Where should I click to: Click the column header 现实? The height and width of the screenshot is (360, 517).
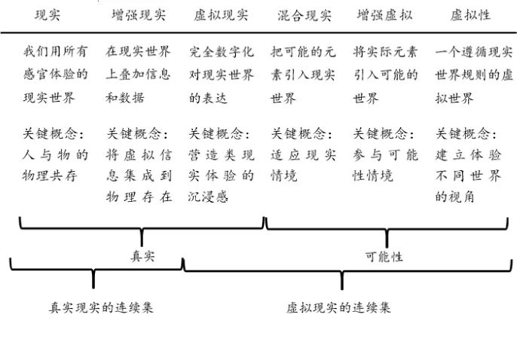(47, 15)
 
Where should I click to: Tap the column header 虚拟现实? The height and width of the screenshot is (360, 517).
(219, 15)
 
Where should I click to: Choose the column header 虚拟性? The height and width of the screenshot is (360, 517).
(468, 15)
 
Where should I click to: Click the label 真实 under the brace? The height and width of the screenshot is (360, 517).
(142, 256)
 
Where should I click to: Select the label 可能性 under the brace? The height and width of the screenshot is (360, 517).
(384, 256)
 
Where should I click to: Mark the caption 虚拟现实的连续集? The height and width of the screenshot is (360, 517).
(339, 307)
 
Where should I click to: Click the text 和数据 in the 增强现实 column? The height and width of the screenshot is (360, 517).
(125, 97)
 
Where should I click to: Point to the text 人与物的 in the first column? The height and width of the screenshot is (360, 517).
(56, 156)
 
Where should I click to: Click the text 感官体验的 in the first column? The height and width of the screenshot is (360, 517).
(56, 75)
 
